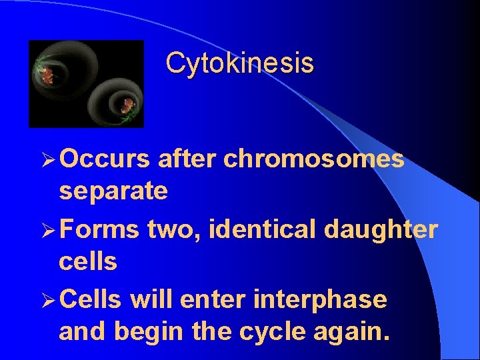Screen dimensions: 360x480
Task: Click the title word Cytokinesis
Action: [239, 63]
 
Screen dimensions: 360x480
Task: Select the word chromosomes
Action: [314, 159]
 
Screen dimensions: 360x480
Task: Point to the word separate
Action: [113, 192]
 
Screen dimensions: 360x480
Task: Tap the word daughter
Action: [381, 230]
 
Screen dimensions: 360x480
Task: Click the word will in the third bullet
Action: [151, 300]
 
